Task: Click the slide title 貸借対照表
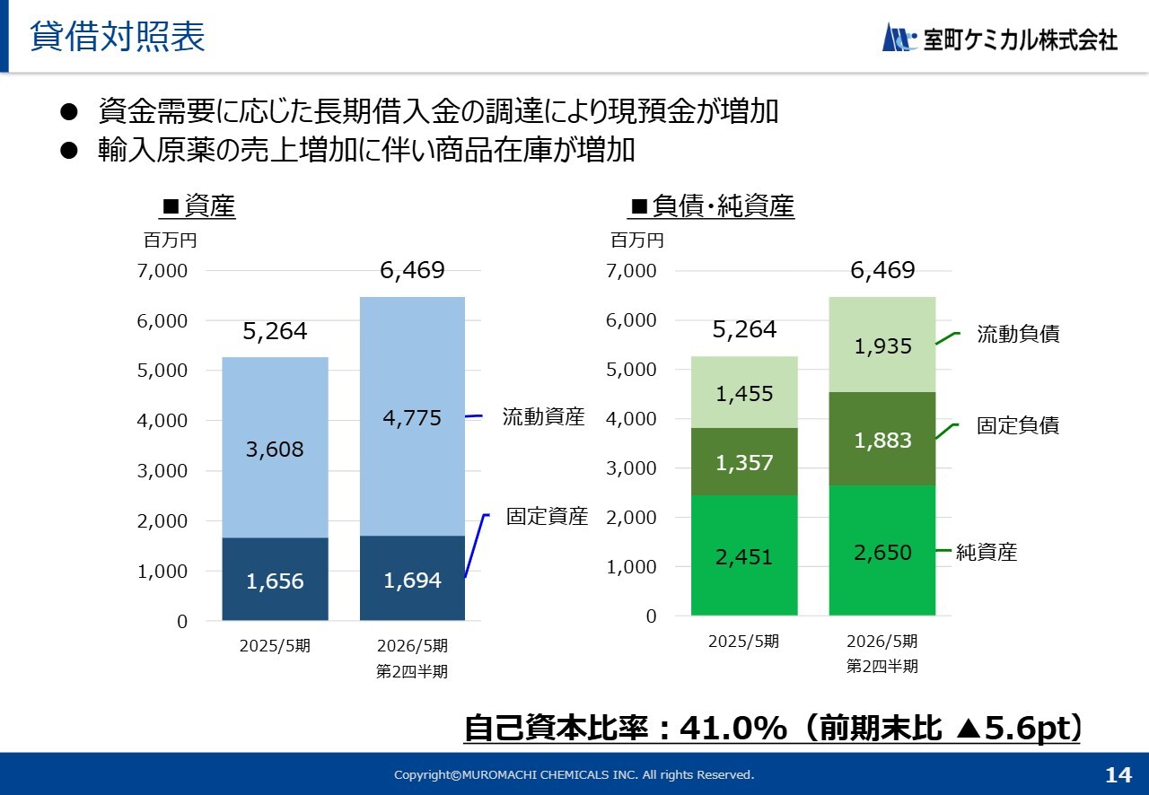pos(118,37)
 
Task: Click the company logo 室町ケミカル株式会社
pos(1000,39)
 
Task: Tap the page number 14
pos(1118,774)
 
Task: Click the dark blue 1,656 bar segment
pos(275,580)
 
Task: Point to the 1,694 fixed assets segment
pos(412,579)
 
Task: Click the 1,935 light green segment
pos(882,345)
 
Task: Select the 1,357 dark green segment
pos(744,462)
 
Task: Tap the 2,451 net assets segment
pos(744,556)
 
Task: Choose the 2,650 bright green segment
pos(882,552)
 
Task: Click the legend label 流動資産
pos(543,416)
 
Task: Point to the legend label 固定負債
pos(1018,425)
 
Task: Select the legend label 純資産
pos(987,552)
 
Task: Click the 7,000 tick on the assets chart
pos(162,271)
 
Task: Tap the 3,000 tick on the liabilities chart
pos(632,468)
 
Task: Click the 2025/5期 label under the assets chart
pos(275,646)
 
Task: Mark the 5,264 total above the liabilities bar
pos(744,329)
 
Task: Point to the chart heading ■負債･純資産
pos(713,207)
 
